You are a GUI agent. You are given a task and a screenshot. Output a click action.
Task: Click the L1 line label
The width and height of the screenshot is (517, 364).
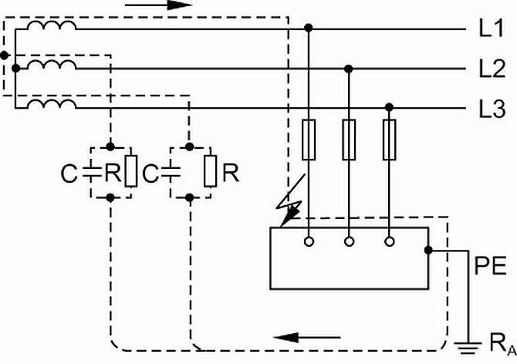coord(491,29)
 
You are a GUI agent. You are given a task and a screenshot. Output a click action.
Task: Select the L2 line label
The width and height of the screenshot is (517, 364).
coord(492,69)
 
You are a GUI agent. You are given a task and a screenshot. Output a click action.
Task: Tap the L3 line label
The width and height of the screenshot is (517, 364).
coord(492,109)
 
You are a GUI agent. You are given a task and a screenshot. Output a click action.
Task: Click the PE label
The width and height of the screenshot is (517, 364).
coord(490,266)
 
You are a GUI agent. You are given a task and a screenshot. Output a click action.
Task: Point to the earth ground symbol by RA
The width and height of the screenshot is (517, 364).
coord(468,348)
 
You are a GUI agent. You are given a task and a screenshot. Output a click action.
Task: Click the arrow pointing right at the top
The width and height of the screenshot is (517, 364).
coord(159,5)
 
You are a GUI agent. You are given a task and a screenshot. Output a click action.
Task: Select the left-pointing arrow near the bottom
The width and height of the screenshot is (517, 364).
coord(307,337)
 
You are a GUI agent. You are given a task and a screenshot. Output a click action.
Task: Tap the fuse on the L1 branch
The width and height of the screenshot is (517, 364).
coord(309,140)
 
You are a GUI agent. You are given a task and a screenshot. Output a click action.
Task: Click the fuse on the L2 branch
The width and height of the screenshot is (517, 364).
coord(349,140)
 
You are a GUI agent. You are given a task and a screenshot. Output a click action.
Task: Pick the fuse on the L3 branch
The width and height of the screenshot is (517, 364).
coord(390,140)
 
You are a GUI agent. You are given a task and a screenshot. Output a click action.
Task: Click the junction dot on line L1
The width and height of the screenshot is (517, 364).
coord(309,28)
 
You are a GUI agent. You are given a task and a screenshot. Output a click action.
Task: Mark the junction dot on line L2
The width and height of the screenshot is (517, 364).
coord(349,69)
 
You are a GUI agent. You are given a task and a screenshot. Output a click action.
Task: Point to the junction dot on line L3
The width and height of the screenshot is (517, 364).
coord(390,107)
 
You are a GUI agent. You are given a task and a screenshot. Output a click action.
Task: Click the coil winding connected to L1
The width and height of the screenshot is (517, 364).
coord(52,25)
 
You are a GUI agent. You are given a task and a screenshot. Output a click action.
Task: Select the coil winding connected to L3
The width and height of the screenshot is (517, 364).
coord(52,104)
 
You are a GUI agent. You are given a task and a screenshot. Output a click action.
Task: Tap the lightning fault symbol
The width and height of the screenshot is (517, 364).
coord(290,201)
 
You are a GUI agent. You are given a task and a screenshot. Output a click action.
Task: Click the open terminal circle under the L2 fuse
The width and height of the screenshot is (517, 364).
coord(350,242)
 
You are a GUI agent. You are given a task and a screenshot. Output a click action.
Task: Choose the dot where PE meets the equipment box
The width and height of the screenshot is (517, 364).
coord(428,251)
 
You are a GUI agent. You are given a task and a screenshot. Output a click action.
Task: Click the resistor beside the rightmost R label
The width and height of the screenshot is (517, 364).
coord(211,171)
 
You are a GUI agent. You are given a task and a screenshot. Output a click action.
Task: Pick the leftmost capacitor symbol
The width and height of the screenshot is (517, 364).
coord(92,172)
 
